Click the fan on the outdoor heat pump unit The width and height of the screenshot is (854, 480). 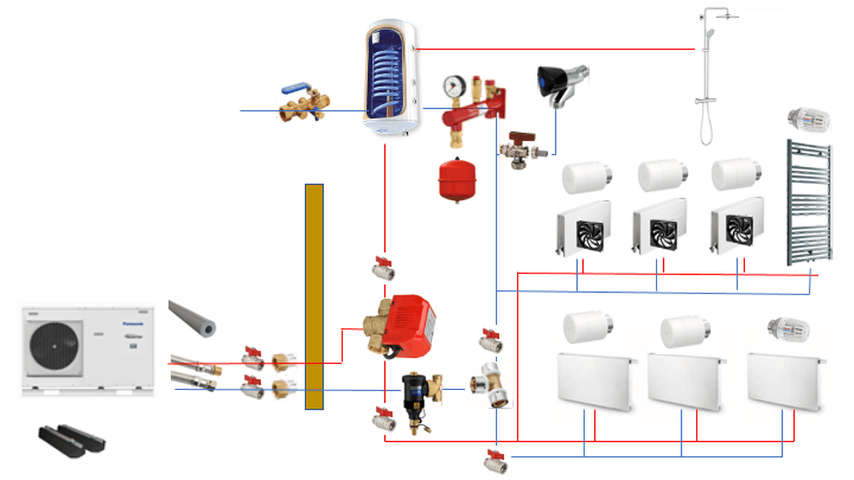pyautogui.click(x=54, y=347)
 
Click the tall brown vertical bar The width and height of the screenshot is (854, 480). pyautogui.click(x=314, y=297)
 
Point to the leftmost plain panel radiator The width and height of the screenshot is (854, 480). pyautogui.click(x=594, y=381)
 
